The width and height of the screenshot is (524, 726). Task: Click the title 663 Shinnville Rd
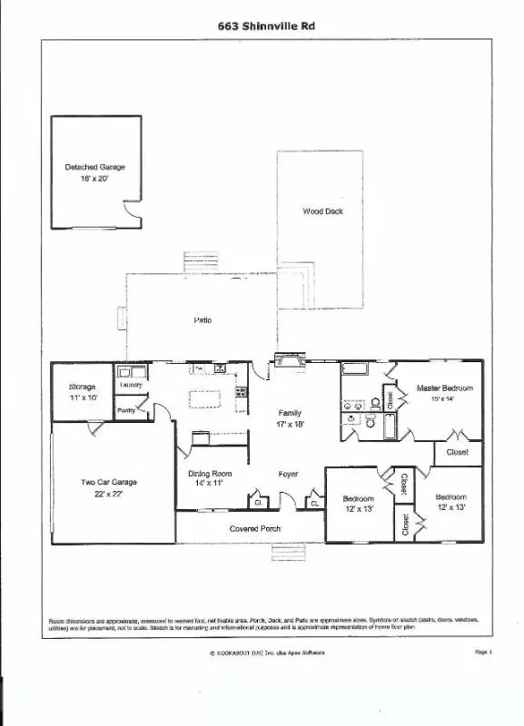coord(265,26)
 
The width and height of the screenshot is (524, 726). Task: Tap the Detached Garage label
coord(94,168)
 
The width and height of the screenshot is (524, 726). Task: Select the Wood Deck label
coord(322,211)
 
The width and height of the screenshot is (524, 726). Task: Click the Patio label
coord(203,320)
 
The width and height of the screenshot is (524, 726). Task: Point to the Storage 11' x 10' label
coord(82,392)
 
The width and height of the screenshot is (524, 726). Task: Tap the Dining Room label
coord(211,474)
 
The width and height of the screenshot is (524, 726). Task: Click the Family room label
coord(290,413)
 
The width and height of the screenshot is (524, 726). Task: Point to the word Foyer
coord(288,474)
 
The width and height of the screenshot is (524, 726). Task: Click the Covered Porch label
coord(254,528)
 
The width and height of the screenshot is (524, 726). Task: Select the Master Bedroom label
coord(444,388)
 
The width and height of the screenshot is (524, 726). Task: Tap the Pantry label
coord(126,411)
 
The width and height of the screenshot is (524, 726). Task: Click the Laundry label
coord(130,385)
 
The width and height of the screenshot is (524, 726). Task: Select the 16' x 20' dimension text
coord(94,180)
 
